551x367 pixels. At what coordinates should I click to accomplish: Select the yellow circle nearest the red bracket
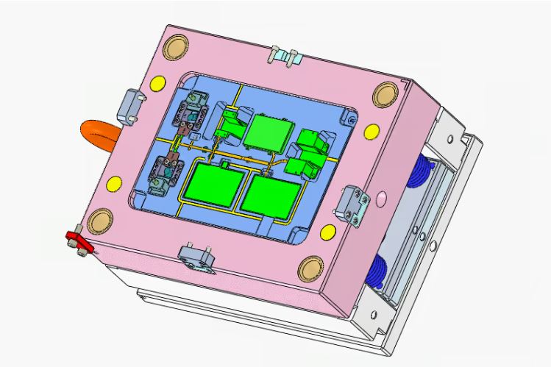115,183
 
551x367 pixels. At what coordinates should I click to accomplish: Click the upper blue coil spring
422,174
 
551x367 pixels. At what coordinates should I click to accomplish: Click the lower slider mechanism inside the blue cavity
168,173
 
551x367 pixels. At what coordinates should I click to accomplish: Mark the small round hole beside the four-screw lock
380,197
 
